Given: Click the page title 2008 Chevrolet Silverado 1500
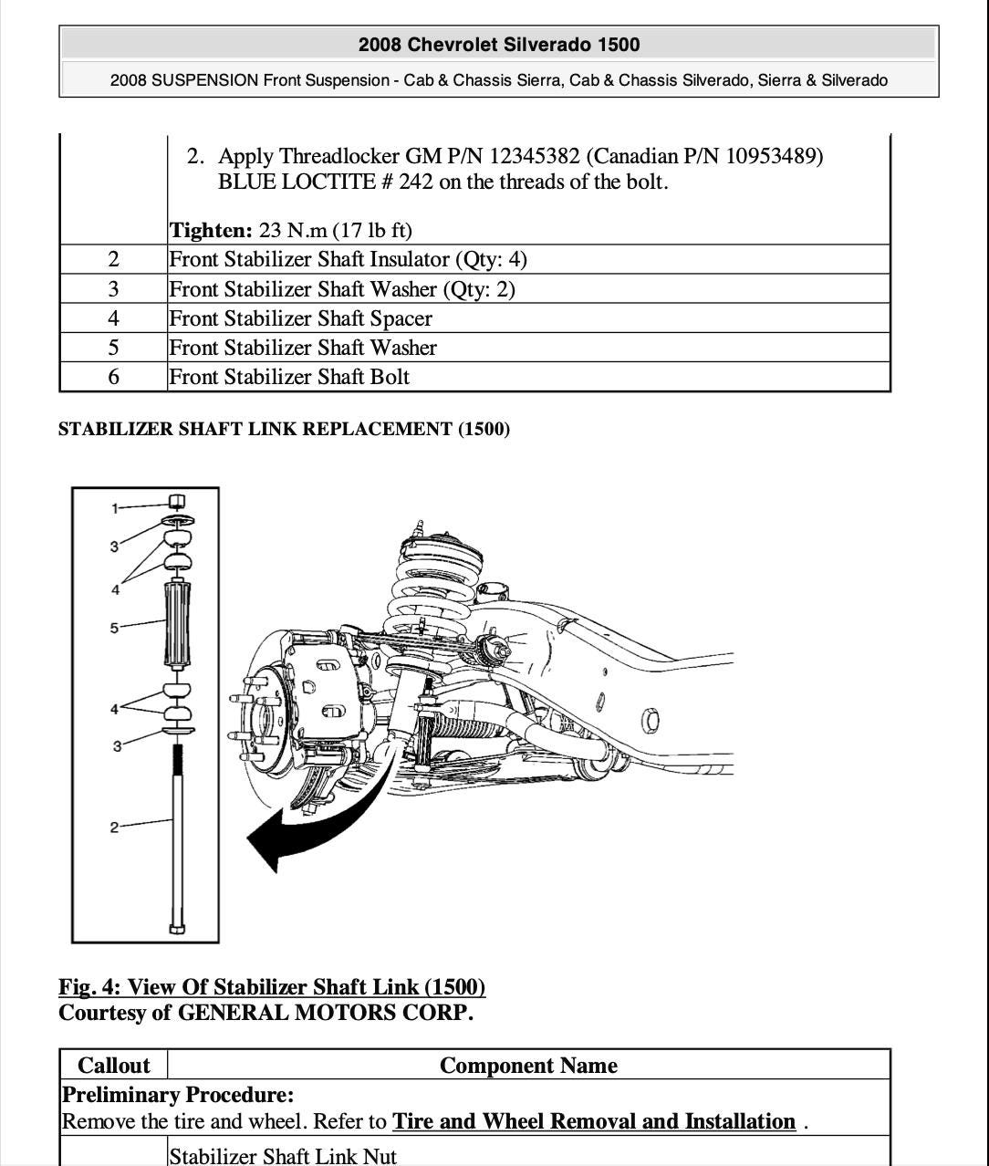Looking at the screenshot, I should [x=498, y=45].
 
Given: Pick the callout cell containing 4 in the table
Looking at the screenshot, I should [x=113, y=318].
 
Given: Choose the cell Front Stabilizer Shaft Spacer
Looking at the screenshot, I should [x=300, y=318].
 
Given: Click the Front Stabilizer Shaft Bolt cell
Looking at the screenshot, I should [x=289, y=377].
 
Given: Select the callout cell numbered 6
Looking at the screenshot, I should [x=113, y=377].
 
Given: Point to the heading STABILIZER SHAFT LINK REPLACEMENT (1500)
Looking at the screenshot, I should [x=284, y=429].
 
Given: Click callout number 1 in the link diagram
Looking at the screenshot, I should [x=115, y=508].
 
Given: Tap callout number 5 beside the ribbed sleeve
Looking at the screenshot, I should [x=115, y=628].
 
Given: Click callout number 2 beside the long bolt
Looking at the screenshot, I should [x=114, y=828].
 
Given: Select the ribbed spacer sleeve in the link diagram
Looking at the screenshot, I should [x=178, y=626].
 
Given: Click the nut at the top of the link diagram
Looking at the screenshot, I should [x=177, y=501].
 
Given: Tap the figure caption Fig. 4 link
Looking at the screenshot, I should [x=272, y=987].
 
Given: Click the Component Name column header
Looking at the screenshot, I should [x=528, y=1066].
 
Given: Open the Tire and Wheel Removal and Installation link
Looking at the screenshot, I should [x=594, y=1121].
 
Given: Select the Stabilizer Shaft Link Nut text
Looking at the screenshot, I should [x=283, y=1156].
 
